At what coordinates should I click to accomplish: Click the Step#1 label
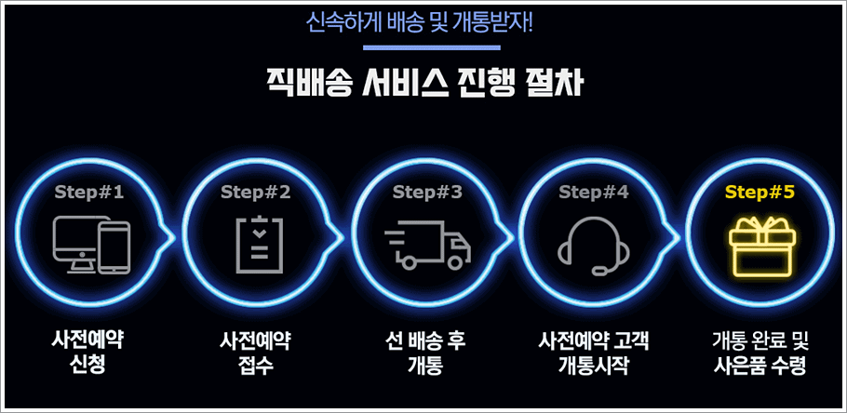89,193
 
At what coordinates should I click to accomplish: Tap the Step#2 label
256,193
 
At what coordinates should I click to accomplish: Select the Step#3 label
427,193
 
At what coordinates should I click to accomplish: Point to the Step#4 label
594,193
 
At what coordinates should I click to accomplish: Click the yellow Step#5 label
760,193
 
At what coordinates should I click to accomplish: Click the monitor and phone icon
91,245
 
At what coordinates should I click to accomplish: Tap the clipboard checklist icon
256,244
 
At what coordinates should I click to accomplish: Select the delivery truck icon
427,246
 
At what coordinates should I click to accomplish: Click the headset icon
594,246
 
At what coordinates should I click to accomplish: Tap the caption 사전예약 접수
256,352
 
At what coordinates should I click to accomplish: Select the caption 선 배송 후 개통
425,352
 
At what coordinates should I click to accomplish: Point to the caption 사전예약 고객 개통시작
594,352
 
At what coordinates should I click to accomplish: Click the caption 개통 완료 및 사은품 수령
760,352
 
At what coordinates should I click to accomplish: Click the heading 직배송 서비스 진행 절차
423,85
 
